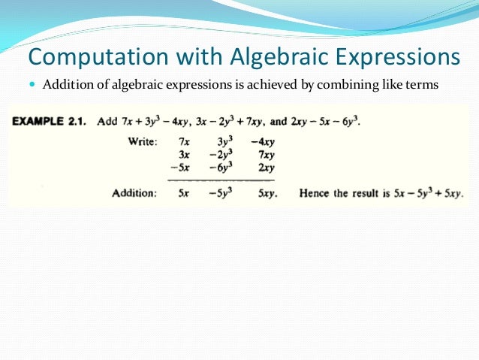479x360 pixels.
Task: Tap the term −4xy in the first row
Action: coord(263,141)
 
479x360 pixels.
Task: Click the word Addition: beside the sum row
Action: coord(134,193)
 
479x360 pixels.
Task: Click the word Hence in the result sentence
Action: coord(315,193)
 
